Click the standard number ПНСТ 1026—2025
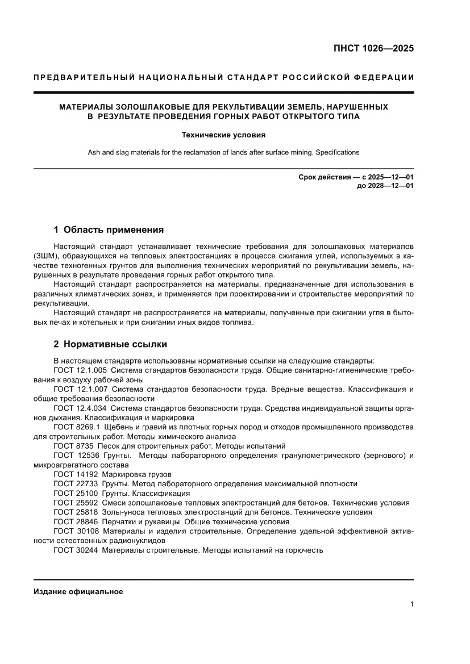pos(373,48)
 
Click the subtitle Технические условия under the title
pos(223,135)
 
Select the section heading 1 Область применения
pos(109,230)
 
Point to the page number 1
pos(411,604)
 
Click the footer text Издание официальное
pos(78,591)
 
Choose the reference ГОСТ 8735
pos(73,446)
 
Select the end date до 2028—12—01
pos(385,186)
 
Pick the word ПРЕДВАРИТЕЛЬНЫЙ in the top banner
pos(78,78)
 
